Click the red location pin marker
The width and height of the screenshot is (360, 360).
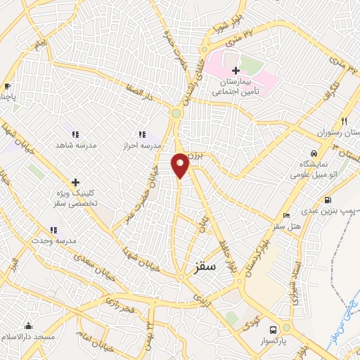point(181,165)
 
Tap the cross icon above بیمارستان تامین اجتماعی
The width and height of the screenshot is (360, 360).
point(236,70)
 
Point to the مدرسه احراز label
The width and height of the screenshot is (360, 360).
point(142,144)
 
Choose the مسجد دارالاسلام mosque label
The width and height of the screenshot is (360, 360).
point(28,337)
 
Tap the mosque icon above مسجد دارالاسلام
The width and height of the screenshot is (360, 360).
point(28,326)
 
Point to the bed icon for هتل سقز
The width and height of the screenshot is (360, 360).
point(285,216)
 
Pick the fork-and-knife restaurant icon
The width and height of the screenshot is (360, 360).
point(344,121)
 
